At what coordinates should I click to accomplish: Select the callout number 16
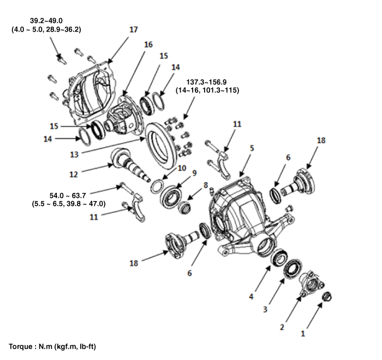coord(148,45)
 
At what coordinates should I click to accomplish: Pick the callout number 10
coord(181,168)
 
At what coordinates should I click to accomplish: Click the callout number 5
coord(252,148)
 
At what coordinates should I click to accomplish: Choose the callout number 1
coord(303,331)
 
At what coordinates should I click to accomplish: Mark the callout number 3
coord(265,310)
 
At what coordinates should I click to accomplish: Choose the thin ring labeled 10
coord(158,185)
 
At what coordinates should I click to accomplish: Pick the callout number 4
coord(250,297)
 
